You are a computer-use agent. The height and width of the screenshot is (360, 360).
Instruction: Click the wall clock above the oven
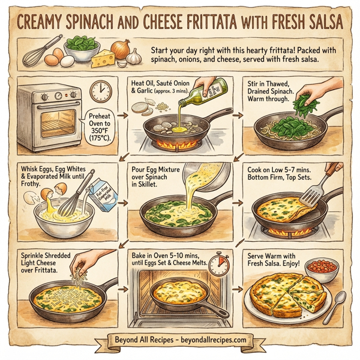101,91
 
